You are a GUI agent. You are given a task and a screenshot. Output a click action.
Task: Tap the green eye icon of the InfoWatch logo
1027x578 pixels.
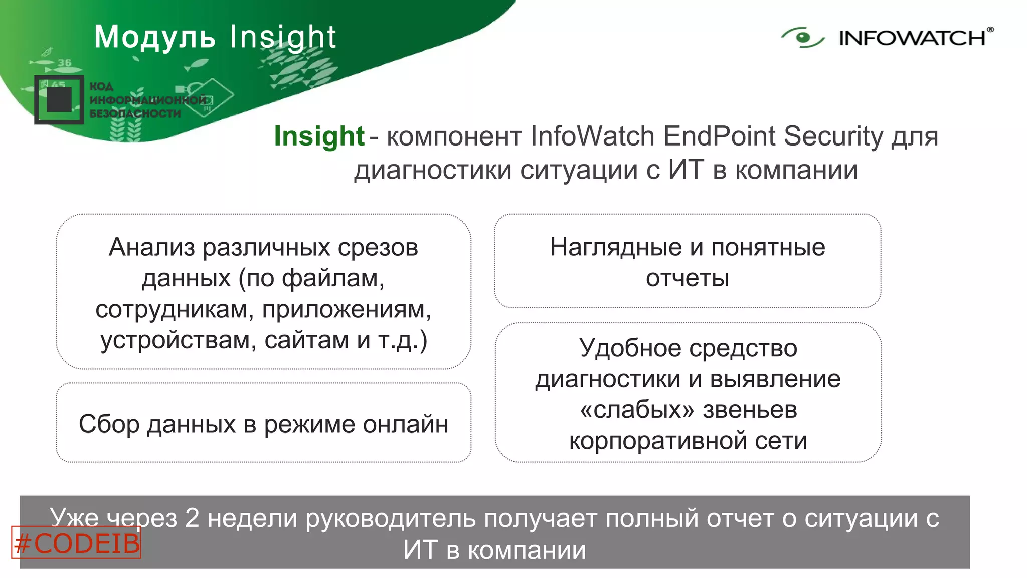tap(802, 38)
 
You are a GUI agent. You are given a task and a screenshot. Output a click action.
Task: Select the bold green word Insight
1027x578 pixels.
tap(319, 136)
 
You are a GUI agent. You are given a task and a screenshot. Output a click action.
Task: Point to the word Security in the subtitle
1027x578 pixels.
tap(833, 136)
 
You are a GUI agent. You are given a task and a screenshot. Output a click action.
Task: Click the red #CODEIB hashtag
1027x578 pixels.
tap(76, 543)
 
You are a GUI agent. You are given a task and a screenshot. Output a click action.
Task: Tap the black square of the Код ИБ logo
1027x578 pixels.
tap(59, 99)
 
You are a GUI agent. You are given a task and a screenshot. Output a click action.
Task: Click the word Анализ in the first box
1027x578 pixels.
tap(151, 247)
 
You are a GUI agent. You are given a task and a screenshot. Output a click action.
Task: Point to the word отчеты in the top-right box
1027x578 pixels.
tap(687, 278)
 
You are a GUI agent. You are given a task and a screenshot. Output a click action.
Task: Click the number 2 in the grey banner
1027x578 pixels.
tap(192, 518)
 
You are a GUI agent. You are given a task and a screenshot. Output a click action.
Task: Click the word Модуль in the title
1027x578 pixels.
tap(154, 37)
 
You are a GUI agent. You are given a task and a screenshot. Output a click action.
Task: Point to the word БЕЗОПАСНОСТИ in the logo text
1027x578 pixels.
tap(135, 114)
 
